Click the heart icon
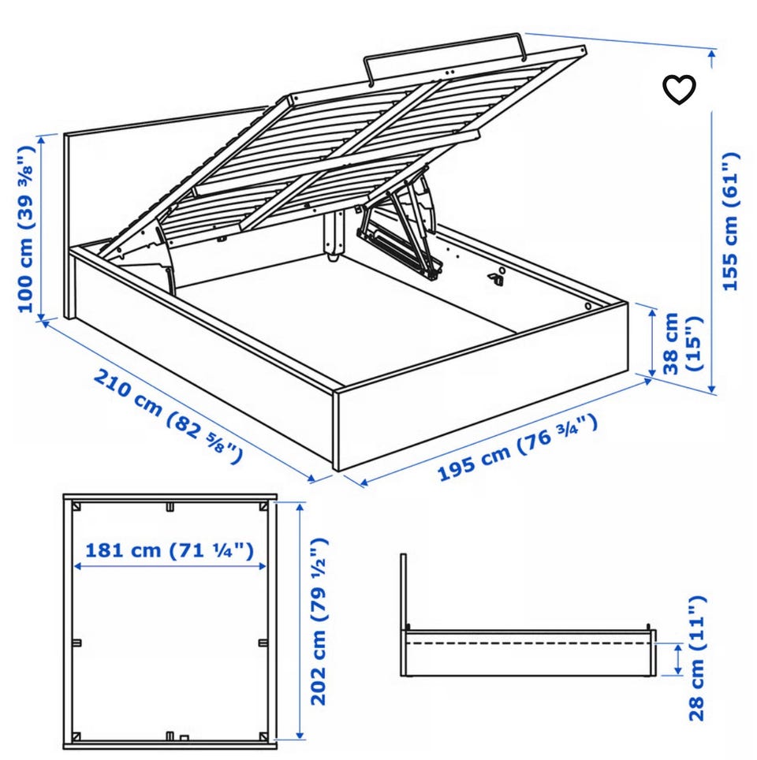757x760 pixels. (679, 90)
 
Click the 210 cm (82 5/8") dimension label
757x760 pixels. (168, 415)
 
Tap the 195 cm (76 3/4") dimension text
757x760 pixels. (517, 447)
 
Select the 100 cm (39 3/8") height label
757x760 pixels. (26, 229)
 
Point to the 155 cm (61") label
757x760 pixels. (731, 222)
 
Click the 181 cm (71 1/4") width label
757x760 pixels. (170, 550)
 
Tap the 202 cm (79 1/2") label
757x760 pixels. (319, 621)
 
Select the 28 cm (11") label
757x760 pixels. (697, 658)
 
